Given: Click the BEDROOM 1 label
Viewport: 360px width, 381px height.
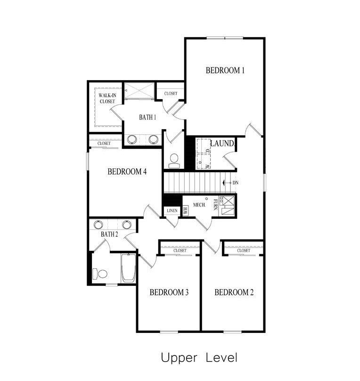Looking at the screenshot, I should pos(225,71).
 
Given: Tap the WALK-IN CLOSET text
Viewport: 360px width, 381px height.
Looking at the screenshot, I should pos(107,98).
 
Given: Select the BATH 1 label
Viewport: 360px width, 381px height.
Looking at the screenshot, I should pos(147,117).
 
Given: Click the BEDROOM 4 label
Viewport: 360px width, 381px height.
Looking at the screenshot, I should pos(127,172).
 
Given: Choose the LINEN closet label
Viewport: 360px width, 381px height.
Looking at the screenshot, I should pos(172,211).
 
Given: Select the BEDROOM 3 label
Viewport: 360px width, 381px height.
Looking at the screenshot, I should pos(169,293).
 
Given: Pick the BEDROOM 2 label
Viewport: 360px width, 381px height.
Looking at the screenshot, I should pos(234,293).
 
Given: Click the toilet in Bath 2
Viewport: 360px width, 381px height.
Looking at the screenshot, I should pos(100,273).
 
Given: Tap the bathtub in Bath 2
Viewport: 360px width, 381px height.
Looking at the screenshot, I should pos(128,268).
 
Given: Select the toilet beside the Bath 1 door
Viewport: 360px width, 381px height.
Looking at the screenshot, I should pos(174,159).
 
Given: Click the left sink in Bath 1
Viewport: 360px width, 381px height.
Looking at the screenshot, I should pos(132,139).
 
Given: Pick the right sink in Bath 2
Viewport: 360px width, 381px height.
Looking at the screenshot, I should pos(127,224).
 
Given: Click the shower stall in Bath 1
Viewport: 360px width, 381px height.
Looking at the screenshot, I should pos(139,91).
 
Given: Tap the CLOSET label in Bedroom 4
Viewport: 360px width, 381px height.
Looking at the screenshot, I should pos(104,143).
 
